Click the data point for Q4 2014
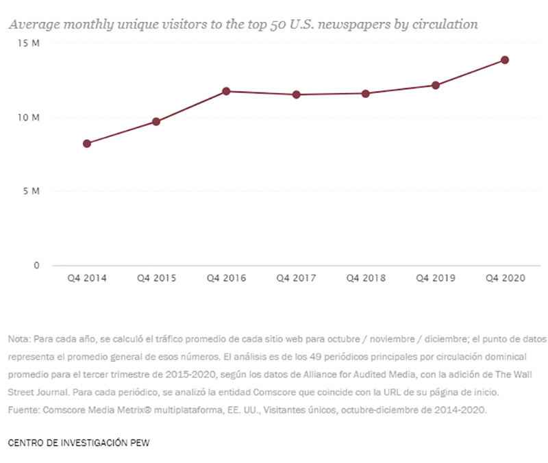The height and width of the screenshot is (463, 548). pyautogui.click(x=87, y=144)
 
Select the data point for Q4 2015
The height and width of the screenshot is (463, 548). pyautogui.click(x=156, y=122)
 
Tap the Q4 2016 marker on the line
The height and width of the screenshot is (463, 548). pyautogui.click(x=226, y=91)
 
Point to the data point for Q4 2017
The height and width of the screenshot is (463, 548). pyautogui.click(x=296, y=95)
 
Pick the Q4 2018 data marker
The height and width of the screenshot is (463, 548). pyautogui.click(x=366, y=93)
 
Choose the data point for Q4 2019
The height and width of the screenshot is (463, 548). pyautogui.click(x=435, y=85)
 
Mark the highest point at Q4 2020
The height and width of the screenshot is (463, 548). pyautogui.click(x=505, y=60)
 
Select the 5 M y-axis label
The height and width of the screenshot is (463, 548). pyautogui.click(x=33, y=191)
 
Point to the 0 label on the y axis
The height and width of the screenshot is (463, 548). pyautogui.click(x=37, y=265)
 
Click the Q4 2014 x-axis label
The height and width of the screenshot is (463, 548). pyautogui.click(x=87, y=279)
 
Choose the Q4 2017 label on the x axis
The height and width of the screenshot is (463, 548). pyautogui.click(x=296, y=279)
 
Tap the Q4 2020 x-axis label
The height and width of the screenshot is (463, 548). pyautogui.click(x=505, y=279)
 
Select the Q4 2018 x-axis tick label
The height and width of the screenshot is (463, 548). pyautogui.click(x=366, y=279)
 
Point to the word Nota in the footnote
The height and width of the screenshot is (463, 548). pyautogui.click(x=19, y=339)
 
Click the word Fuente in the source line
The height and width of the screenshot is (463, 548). pyautogui.click(x=23, y=410)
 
